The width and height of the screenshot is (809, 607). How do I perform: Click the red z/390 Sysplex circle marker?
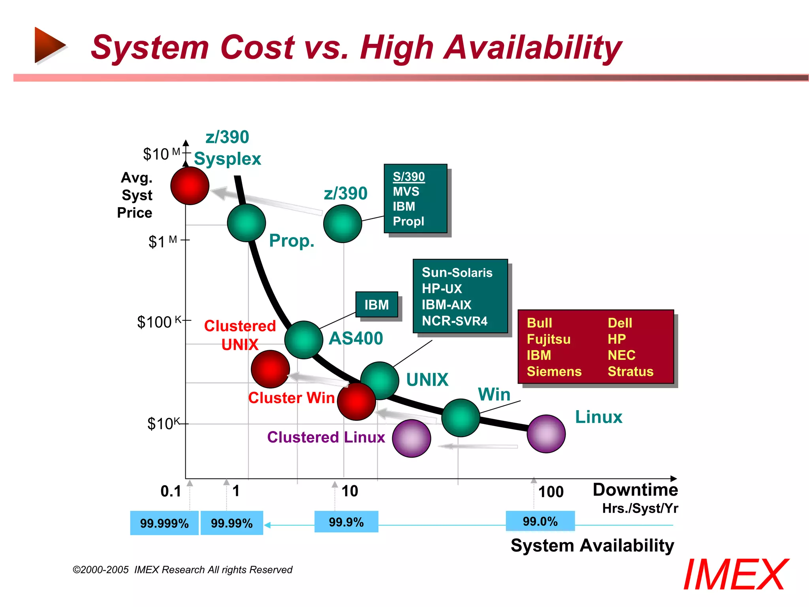[190, 186]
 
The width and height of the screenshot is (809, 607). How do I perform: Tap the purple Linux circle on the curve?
[546, 434]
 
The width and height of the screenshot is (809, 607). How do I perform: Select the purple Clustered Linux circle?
[411, 438]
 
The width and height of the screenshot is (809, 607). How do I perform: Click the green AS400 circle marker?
[303, 339]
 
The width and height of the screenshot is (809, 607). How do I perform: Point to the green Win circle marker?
[460, 418]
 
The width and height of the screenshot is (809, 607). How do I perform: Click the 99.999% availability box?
[164, 523]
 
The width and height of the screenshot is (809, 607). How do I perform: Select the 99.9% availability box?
[346, 522]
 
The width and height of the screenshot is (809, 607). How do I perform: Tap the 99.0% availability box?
[540, 521]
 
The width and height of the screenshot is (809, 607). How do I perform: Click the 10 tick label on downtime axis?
[350, 491]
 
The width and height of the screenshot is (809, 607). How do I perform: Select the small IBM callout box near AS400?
[376, 305]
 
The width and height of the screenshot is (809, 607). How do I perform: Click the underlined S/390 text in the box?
[408, 177]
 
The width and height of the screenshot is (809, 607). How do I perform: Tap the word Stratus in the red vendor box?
[630, 371]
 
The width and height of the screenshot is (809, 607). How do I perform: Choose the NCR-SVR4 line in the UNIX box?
[454, 321]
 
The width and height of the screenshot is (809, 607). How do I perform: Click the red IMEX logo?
[735, 575]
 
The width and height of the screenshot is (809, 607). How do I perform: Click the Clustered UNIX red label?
[240, 335]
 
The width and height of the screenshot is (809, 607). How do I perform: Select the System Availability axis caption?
[592, 546]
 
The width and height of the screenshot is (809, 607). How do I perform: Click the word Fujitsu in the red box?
[548, 339]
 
